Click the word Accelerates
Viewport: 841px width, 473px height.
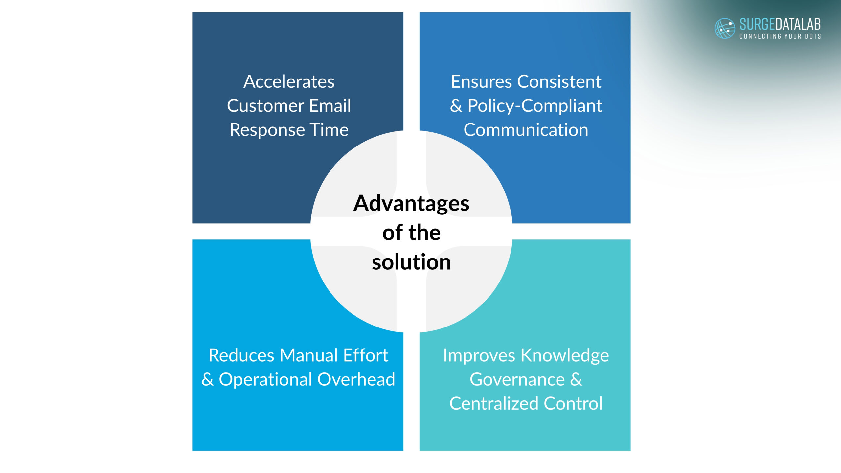tap(289, 81)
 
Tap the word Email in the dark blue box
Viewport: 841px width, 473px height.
tap(330, 106)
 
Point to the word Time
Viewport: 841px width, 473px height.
tap(329, 130)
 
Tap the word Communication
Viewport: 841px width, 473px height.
tap(526, 130)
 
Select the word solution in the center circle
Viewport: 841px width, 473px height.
tap(411, 262)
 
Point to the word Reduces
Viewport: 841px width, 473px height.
tap(241, 355)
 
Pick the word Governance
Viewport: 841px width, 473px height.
tap(517, 379)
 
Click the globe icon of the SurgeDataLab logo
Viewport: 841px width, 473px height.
tap(724, 28)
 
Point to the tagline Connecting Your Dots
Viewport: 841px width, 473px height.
tap(780, 36)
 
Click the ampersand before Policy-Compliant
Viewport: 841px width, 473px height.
tap(456, 106)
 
